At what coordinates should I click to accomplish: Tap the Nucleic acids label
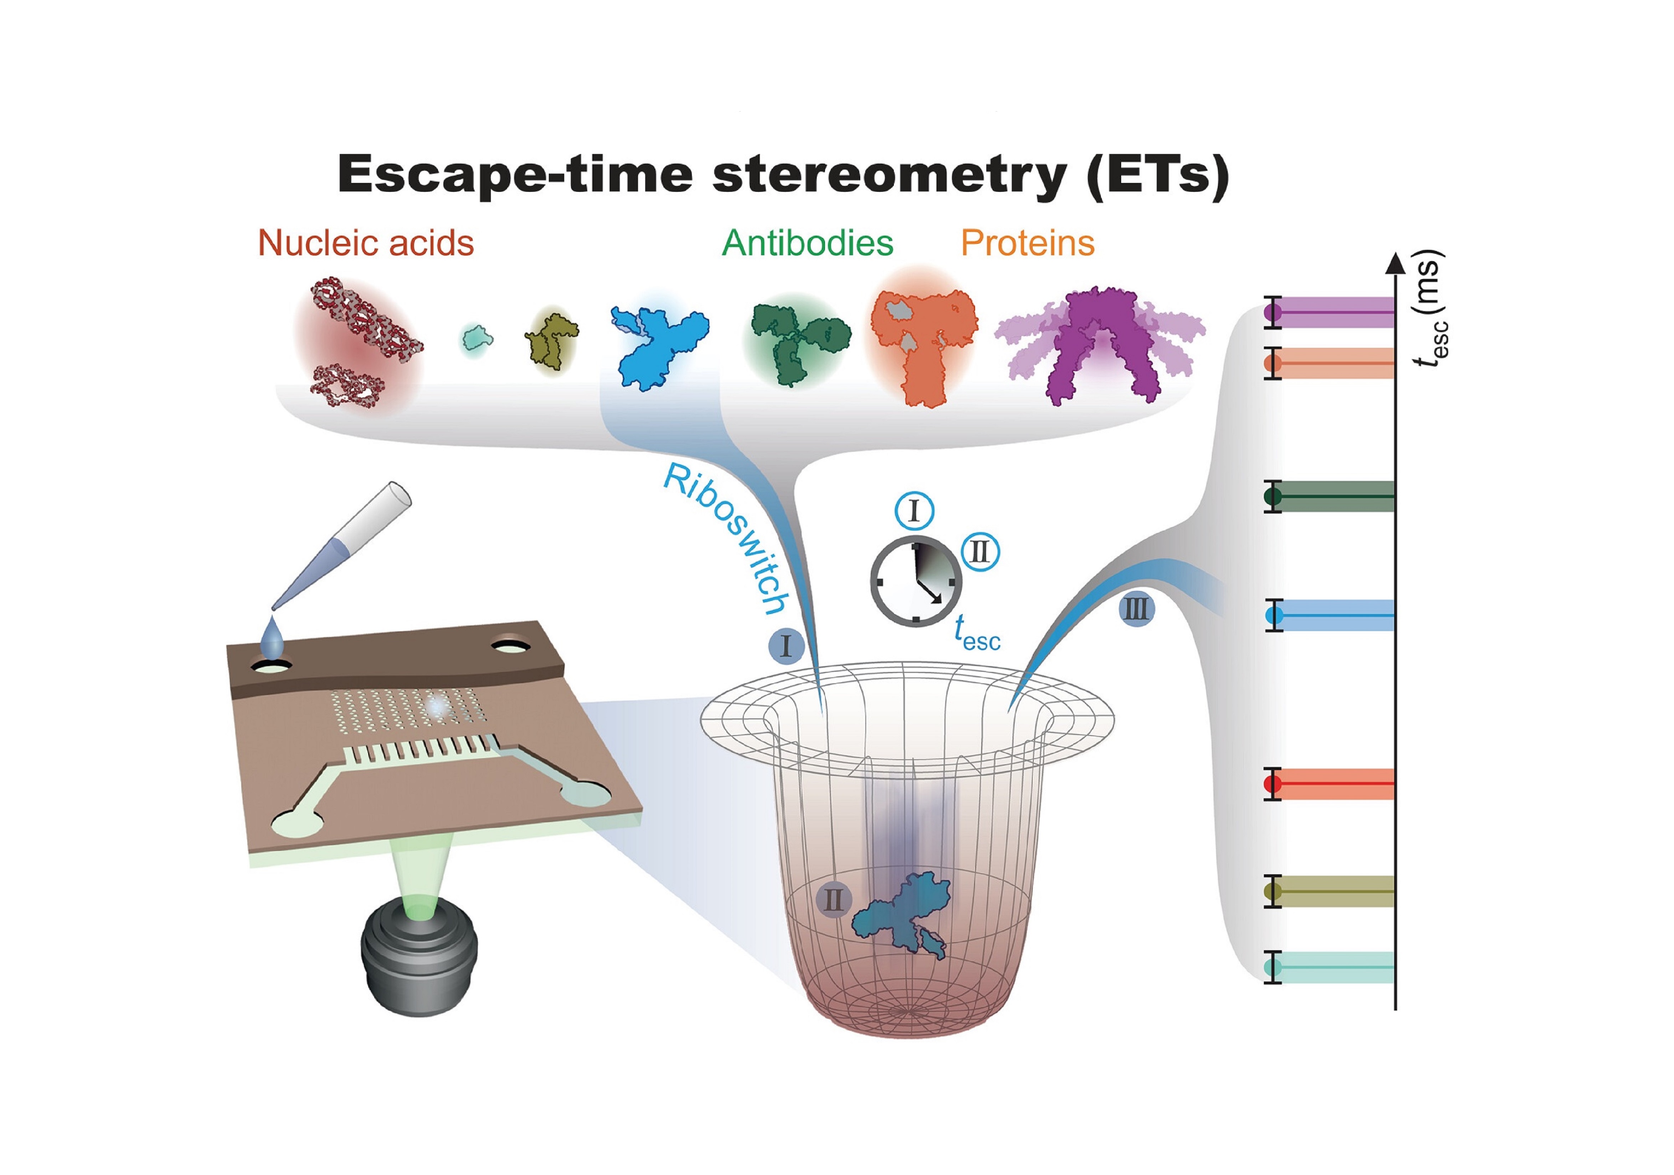click(x=366, y=243)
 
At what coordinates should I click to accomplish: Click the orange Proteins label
click(x=1028, y=243)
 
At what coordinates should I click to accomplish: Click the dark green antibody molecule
click(x=800, y=342)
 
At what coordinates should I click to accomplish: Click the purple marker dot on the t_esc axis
click(x=1272, y=312)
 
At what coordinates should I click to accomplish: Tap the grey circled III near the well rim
click(x=1137, y=609)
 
